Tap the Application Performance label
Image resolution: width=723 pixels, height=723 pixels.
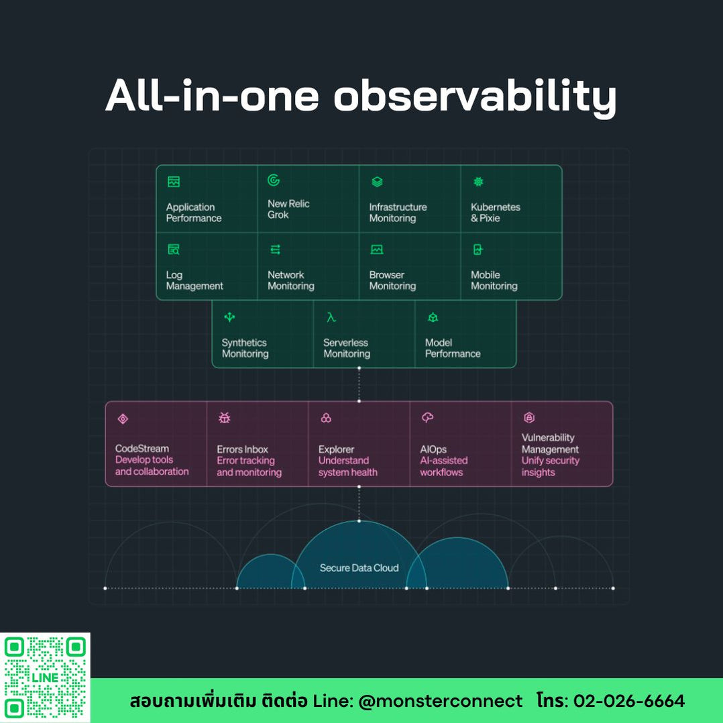click(x=194, y=213)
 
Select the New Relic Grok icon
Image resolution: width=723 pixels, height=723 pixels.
click(x=274, y=180)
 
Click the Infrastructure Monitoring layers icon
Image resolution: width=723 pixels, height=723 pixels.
click(x=377, y=182)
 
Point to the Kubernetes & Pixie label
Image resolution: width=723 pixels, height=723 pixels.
click(x=495, y=213)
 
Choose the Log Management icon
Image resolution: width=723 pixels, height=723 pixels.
click(x=174, y=249)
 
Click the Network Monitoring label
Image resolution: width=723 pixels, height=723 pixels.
click(x=291, y=280)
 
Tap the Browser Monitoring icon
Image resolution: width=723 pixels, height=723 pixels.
click(x=377, y=249)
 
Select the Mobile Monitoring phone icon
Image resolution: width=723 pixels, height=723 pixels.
click(x=478, y=249)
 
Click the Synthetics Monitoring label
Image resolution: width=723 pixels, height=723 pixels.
click(x=245, y=348)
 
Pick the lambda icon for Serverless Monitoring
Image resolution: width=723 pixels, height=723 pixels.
click(x=331, y=317)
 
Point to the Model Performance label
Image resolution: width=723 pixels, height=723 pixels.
click(x=453, y=348)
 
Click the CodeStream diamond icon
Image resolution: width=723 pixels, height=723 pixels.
click(x=123, y=419)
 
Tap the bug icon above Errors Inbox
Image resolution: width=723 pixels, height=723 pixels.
click(x=225, y=418)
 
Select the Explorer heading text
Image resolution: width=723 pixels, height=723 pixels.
click(x=336, y=449)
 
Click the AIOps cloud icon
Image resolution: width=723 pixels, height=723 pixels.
click(x=427, y=418)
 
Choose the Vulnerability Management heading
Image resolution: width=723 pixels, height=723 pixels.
click(x=550, y=443)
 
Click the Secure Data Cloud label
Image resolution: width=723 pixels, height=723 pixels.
click(x=359, y=568)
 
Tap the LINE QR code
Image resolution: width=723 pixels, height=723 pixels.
click(x=45, y=677)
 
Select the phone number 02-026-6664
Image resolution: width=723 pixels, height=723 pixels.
click(x=629, y=701)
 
